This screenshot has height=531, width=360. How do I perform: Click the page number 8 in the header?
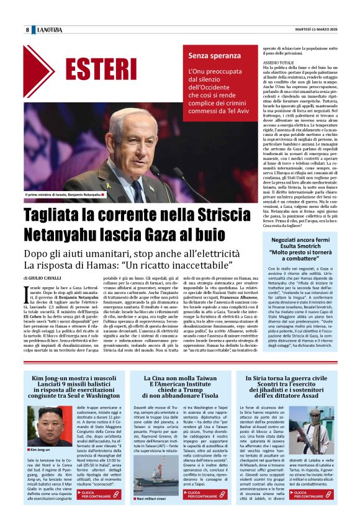(x=27, y=30)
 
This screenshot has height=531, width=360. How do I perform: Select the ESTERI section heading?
(x=101, y=69)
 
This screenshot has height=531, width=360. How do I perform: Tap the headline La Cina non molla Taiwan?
(x=180, y=378)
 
